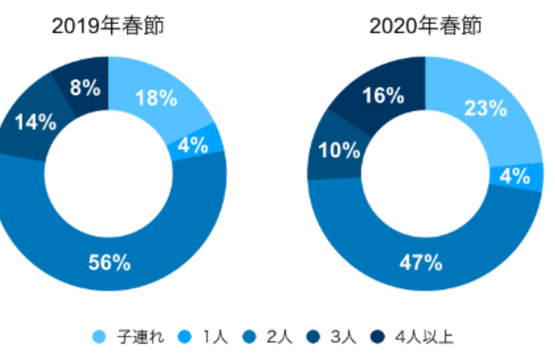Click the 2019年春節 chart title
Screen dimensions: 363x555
click(x=108, y=27)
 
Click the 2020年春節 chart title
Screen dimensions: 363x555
click(x=425, y=27)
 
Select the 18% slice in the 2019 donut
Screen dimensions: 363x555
click(x=157, y=98)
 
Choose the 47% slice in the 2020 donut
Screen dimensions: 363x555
click(x=421, y=263)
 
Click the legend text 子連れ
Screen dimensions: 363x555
click(x=132, y=337)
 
